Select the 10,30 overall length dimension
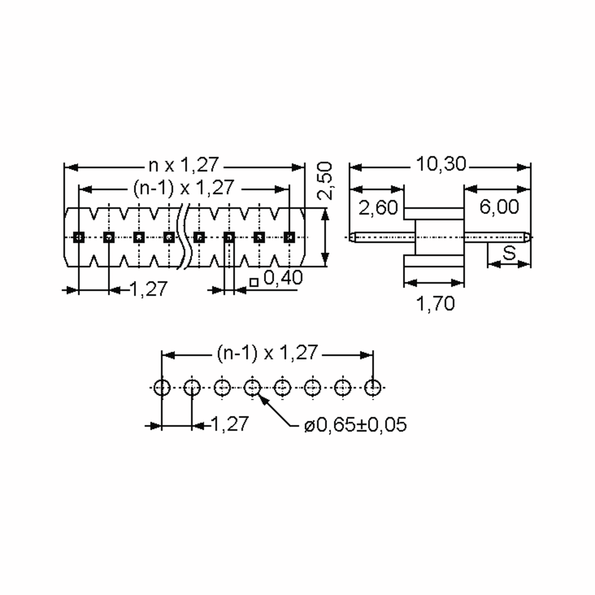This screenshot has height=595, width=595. point(441,164)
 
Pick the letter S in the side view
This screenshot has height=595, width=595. point(509,253)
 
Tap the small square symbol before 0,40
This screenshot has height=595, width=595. point(254,282)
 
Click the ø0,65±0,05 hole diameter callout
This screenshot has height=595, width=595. point(355,425)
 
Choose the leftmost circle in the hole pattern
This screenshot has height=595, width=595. point(162,387)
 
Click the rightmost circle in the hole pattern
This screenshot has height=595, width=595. point(373,387)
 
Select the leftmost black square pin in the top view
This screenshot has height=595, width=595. point(79,237)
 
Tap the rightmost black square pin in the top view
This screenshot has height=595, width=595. point(289,237)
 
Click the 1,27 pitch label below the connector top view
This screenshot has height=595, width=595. point(149,289)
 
